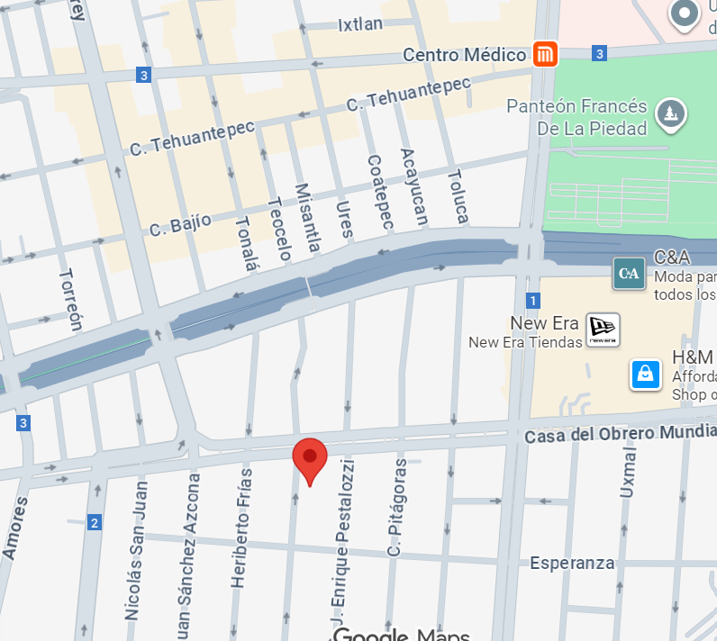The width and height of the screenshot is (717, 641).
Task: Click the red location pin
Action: [310, 459]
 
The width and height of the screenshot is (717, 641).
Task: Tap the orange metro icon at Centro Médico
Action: [544, 54]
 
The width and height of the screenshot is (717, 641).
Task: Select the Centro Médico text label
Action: [464, 55]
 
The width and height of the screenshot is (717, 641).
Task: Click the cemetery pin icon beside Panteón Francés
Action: [670, 113]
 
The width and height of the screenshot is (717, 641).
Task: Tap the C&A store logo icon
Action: [629, 273]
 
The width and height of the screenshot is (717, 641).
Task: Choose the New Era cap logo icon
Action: [602, 330]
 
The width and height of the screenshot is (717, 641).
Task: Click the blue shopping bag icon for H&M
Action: [645, 373]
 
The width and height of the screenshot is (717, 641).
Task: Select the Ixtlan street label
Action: [362, 25]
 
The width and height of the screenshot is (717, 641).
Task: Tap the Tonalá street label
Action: [245, 244]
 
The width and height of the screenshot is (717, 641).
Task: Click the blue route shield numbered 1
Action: [534, 300]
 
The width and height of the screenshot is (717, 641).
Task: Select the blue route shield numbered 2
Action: [94, 522]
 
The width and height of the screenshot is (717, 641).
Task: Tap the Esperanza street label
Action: [572, 564]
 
